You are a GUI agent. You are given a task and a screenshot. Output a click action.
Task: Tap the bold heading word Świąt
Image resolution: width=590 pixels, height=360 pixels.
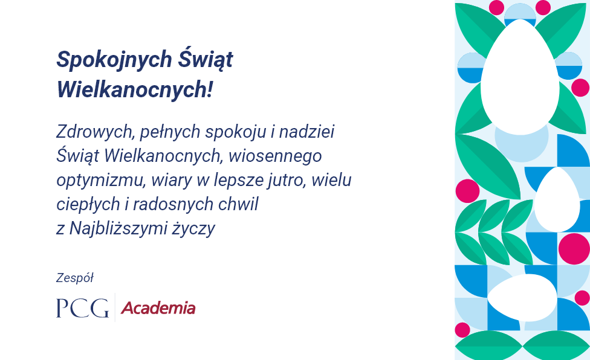click(206, 59)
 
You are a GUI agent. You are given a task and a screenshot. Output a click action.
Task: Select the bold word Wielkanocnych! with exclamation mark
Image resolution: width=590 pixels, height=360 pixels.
click(135, 90)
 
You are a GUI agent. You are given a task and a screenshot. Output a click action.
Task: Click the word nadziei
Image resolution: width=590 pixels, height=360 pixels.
click(306, 132)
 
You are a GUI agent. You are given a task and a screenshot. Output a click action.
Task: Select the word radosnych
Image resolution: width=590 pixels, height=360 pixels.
click(173, 204)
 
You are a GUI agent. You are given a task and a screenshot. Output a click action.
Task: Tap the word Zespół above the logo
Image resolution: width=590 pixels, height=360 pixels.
click(74, 278)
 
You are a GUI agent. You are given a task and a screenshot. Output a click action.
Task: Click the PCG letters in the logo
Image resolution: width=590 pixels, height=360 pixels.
click(82, 308)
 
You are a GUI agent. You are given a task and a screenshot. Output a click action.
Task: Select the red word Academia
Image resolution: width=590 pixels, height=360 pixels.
click(158, 308)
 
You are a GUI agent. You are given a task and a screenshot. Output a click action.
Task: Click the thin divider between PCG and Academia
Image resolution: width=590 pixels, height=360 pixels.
click(115, 307)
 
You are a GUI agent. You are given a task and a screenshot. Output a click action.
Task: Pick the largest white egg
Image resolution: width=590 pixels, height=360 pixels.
click(520, 77)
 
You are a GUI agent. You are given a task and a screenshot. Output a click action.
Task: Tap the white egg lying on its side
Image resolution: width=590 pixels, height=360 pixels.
click(522, 298)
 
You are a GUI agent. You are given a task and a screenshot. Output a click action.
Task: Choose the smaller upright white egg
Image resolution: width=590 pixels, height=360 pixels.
click(557, 199)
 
